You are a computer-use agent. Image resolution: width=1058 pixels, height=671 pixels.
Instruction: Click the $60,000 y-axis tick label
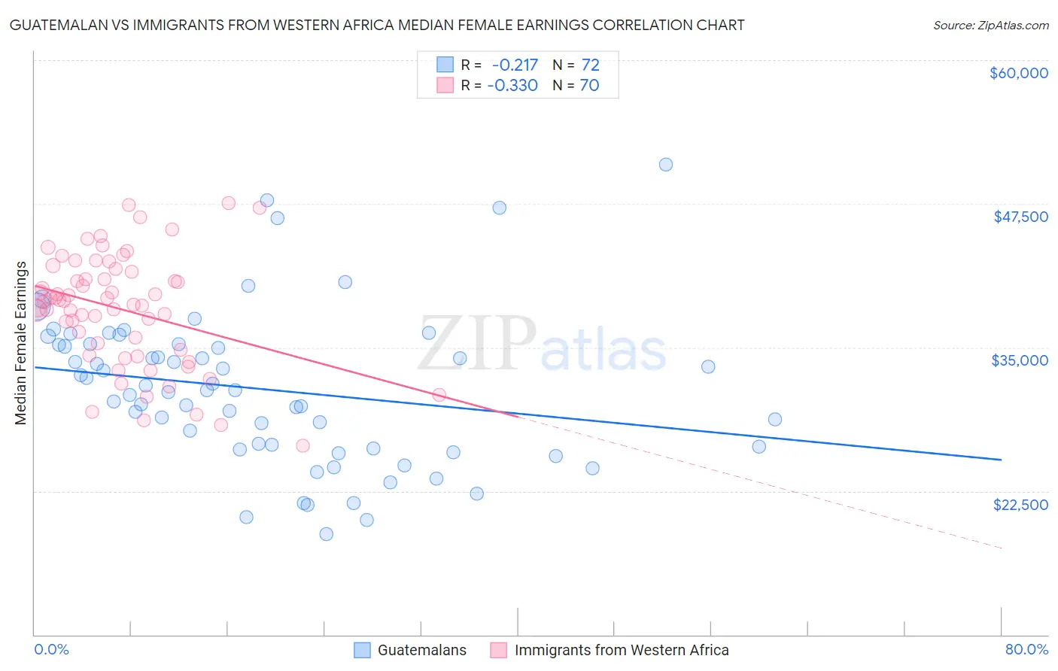tap(1018, 73)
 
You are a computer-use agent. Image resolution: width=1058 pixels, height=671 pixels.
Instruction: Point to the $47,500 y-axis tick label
tap(1020, 217)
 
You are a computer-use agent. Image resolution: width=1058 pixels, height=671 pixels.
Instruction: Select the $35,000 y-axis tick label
tap(1020, 360)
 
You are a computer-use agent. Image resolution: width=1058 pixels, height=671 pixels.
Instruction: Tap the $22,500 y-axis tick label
tap(1020, 505)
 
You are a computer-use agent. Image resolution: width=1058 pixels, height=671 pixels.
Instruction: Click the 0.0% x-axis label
tap(51, 650)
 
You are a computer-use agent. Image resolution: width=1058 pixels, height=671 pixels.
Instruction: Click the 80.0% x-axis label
tap(1026, 650)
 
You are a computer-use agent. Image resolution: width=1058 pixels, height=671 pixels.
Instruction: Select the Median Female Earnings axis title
tap(21, 343)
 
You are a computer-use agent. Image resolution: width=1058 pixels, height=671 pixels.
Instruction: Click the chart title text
tap(377, 25)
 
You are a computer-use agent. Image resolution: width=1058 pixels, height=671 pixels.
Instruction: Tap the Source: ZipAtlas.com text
tap(990, 25)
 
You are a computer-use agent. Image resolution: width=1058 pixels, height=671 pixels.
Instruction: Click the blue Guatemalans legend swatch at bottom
tap(363, 650)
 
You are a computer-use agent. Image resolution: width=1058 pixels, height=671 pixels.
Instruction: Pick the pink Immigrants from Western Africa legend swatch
tap(498, 650)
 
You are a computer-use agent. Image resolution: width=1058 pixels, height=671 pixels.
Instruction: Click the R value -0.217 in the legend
tap(515, 65)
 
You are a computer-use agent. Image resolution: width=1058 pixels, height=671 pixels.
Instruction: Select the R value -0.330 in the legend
tap(512, 85)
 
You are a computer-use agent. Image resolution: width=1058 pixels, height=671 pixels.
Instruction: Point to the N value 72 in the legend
tap(590, 65)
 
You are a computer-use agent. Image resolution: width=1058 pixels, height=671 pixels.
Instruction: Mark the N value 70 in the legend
tap(589, 85)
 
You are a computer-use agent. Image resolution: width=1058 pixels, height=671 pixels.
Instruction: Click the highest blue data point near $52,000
tap(665, 165)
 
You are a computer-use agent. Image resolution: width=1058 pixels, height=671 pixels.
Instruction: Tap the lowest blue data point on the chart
tap(326, 534)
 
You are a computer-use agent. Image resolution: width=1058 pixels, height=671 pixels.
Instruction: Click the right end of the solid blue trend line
tap(1001, 460)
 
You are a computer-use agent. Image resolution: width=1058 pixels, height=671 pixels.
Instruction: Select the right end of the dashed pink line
tap(1001, 548)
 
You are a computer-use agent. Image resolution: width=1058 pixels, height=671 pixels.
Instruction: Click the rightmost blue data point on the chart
tap(774, 420)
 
